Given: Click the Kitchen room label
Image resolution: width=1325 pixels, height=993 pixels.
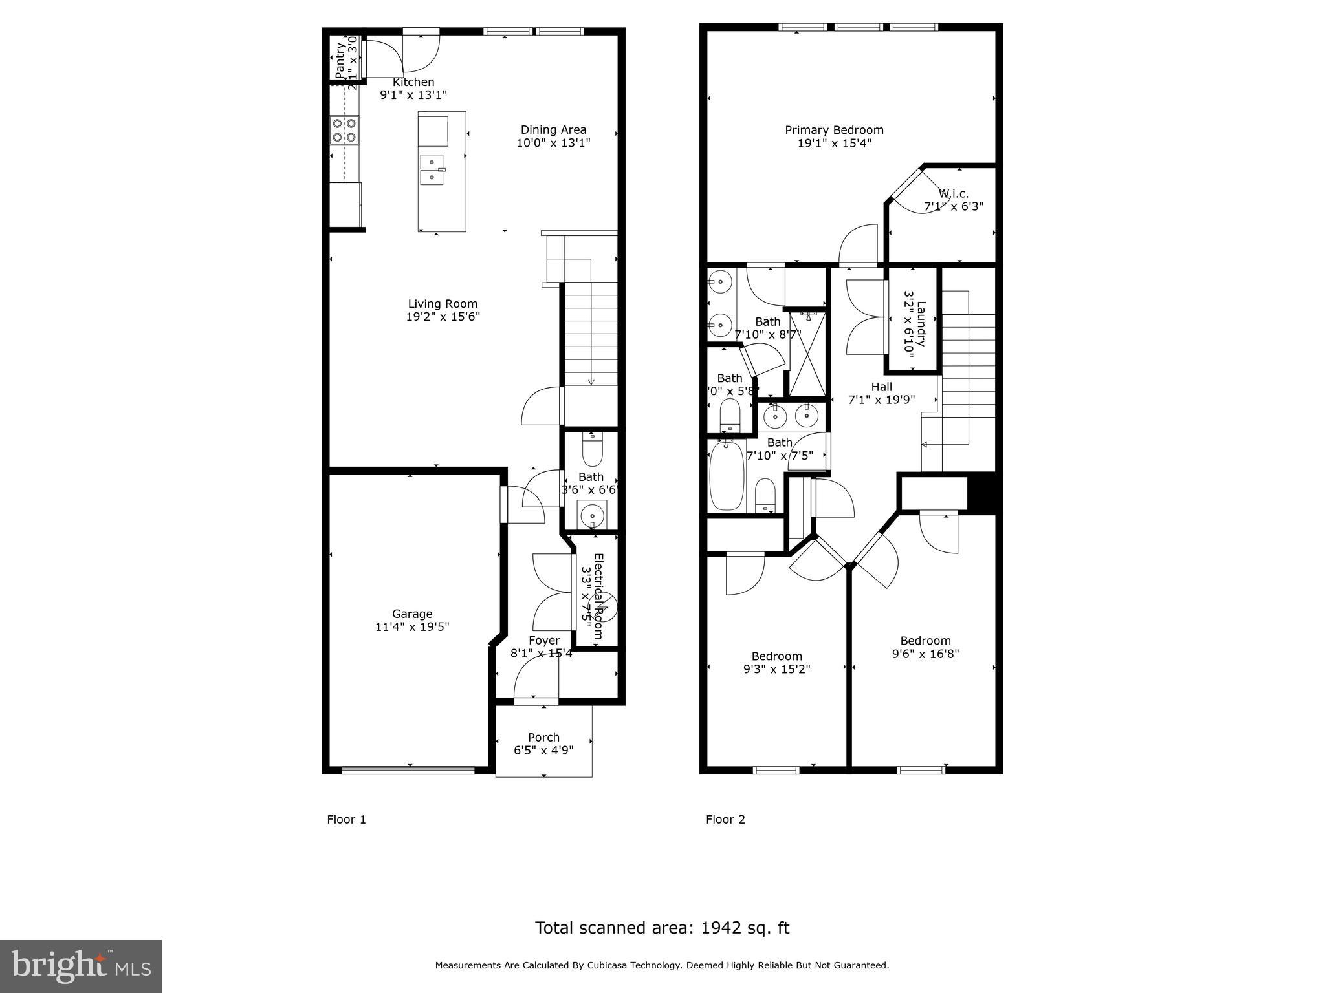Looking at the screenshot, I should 413,83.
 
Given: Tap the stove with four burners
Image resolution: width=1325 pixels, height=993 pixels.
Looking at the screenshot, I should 344,130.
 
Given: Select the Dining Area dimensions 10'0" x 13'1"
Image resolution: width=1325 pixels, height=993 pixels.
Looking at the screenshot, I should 553,143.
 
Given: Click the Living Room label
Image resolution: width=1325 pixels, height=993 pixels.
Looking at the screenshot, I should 443,304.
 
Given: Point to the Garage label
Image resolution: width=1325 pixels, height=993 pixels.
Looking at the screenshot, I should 412,614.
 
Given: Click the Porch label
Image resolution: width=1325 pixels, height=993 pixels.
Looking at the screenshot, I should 543,738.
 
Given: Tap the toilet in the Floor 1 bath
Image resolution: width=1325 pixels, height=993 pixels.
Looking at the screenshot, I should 592,450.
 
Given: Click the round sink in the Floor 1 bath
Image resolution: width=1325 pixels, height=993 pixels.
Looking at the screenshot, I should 591,515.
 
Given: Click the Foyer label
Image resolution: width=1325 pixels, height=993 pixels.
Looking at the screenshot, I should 544,641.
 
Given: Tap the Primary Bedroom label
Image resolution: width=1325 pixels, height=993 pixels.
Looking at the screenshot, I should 834,130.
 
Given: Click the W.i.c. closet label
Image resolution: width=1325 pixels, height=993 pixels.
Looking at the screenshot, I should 953,194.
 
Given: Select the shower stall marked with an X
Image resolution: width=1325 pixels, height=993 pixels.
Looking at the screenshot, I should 807,354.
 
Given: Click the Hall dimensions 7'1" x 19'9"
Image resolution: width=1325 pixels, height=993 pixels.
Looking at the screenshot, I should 881,400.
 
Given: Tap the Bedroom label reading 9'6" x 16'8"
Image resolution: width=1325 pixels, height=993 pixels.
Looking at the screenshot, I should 925,641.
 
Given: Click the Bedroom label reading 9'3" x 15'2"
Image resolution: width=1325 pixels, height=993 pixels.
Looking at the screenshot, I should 776,656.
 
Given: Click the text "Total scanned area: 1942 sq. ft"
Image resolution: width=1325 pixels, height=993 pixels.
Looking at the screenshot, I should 662,928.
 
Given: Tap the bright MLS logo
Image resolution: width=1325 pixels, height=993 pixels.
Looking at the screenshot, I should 81,966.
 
